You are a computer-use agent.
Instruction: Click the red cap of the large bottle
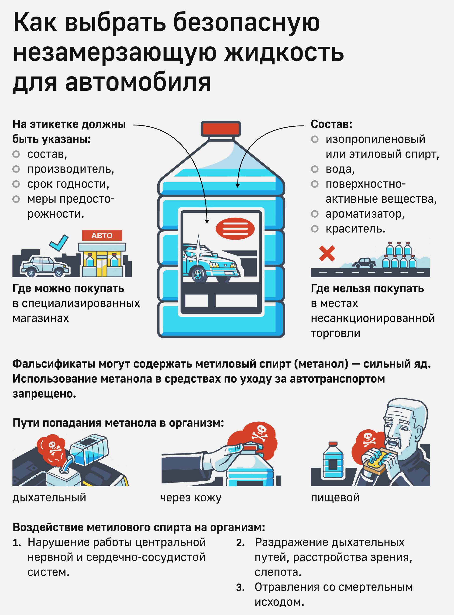coord(221,129)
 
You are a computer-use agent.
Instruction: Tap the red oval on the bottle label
coord(235,228)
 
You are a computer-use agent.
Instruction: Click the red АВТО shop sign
coord(102,236)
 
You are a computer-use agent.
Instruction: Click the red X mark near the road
coord(327,253)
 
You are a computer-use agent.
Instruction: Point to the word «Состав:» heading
coord(331,124)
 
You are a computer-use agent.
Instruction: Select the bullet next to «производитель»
coord(16,169)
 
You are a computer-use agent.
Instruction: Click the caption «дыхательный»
coord(49,497)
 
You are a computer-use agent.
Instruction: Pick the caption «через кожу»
coord(191,497)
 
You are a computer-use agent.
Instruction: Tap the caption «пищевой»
coord(335,497)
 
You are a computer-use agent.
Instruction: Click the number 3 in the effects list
coord(240,587)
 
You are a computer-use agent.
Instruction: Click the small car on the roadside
coord(364,263)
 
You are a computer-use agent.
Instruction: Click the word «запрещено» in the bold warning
coord(44,394)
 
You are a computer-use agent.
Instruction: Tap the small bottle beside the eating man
coord(333,460)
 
